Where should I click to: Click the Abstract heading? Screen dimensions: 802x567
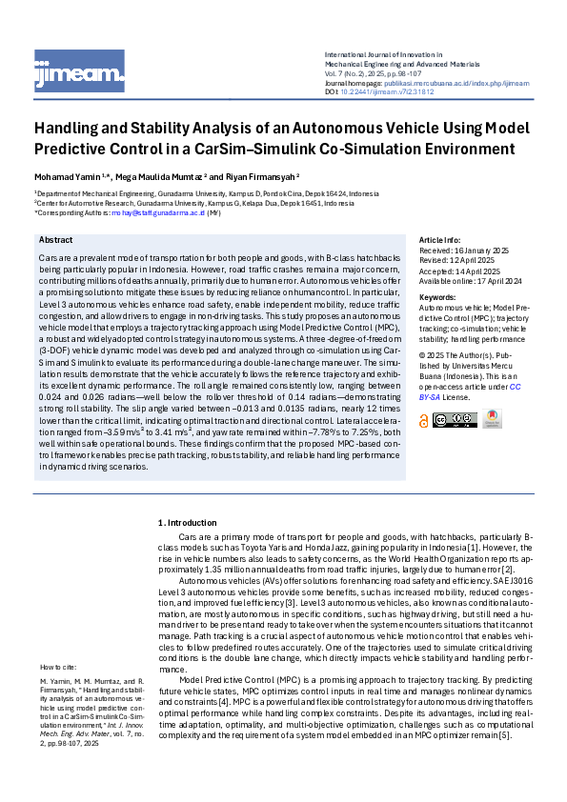56,240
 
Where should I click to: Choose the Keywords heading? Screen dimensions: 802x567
438,298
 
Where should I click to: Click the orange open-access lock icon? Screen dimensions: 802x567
424,420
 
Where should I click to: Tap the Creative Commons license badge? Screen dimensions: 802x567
455,420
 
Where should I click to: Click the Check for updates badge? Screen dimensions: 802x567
492,419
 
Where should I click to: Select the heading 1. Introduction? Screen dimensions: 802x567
188,523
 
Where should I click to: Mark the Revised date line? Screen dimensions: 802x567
459,258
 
